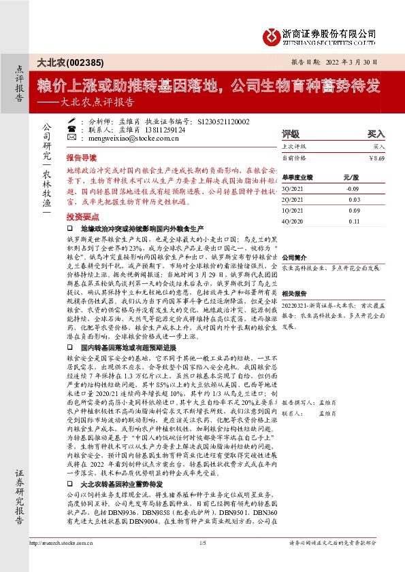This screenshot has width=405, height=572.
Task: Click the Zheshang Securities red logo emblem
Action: (x=274, y=35)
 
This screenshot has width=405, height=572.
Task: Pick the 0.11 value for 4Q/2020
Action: (x=353, y=221)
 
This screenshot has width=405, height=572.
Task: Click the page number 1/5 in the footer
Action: (x=202, y=562)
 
